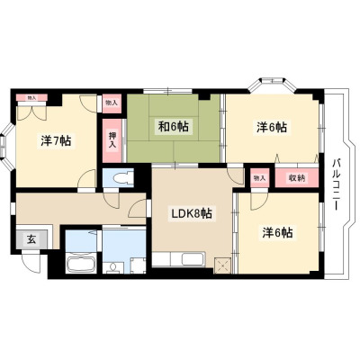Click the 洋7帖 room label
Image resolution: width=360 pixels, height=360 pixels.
tap(56, 140)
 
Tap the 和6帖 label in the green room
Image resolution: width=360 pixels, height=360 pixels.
tap(174, 127)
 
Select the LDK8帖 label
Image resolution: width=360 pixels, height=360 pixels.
tap(192, 213)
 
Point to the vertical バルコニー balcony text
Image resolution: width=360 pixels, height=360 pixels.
tap(336, 184)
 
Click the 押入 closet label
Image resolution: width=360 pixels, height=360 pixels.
tap(112, 140)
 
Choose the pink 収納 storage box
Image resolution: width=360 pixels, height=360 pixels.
tap(297, 178)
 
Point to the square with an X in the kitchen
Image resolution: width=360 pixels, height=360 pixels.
tap(223, 265)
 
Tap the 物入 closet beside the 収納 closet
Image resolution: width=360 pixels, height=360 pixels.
tap(260, 178)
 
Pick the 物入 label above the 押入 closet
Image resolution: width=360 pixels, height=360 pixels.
tap(112, 103)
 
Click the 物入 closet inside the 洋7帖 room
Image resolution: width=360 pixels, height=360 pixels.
tap(31, 97)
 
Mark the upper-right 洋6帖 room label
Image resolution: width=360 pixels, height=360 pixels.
tap(272, 127)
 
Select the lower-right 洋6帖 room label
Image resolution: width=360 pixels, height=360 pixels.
tap(277, 233)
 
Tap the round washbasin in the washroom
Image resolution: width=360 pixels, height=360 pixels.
tap(113, 266)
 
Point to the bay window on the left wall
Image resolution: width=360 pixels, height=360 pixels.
tap(7, 146)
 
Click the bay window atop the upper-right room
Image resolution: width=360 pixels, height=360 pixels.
tap(272, 85)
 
